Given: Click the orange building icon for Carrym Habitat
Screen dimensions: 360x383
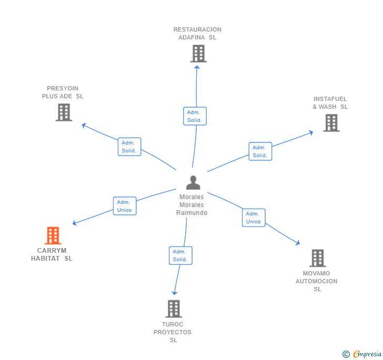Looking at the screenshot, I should [x=53, y=235].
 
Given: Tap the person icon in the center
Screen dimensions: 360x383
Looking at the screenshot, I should [x=193, y=182].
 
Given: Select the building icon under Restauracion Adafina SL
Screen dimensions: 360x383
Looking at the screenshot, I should [x=198, y=54].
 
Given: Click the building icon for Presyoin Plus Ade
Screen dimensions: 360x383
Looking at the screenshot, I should [x=64, y=112].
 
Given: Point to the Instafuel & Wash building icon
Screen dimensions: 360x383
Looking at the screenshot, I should [x=331, y=123].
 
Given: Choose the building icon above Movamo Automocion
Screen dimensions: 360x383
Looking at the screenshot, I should [x=317, y=258].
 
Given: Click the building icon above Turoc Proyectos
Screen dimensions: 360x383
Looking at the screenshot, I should [x=174, y=308].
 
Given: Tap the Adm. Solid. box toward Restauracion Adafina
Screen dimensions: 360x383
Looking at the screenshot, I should [x=195, y=116].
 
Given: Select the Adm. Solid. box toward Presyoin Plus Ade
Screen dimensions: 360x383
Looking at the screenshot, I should [x=129, y=147].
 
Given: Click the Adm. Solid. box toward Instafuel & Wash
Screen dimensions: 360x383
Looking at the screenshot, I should [x=260, y=151].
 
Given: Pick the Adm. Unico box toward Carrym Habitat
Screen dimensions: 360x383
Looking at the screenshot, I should [x=125, y=206].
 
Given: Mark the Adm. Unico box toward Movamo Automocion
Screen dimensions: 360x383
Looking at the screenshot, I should [x=254, y=218].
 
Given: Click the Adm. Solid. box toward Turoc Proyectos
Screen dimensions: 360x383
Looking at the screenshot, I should [x=180, y=255].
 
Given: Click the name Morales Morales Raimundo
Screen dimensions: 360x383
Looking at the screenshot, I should [x=191, y=205].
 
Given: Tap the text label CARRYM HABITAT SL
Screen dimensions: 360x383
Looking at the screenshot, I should [x=52, y=254].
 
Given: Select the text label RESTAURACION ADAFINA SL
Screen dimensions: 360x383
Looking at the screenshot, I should [x=197, y=34].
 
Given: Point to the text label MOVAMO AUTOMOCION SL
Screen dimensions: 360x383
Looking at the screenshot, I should [x=317, y=281].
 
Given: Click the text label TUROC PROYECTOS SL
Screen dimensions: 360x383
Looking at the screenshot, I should [x=173, y=332].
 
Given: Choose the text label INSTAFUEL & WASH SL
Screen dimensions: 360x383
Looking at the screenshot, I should [x=330, y=103].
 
